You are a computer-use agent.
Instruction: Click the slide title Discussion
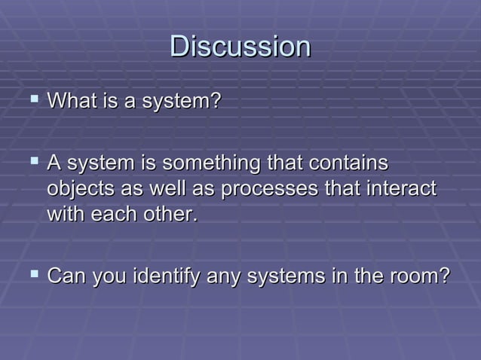(x=240, y=46)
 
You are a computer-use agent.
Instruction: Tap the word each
(x=112, y=215)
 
